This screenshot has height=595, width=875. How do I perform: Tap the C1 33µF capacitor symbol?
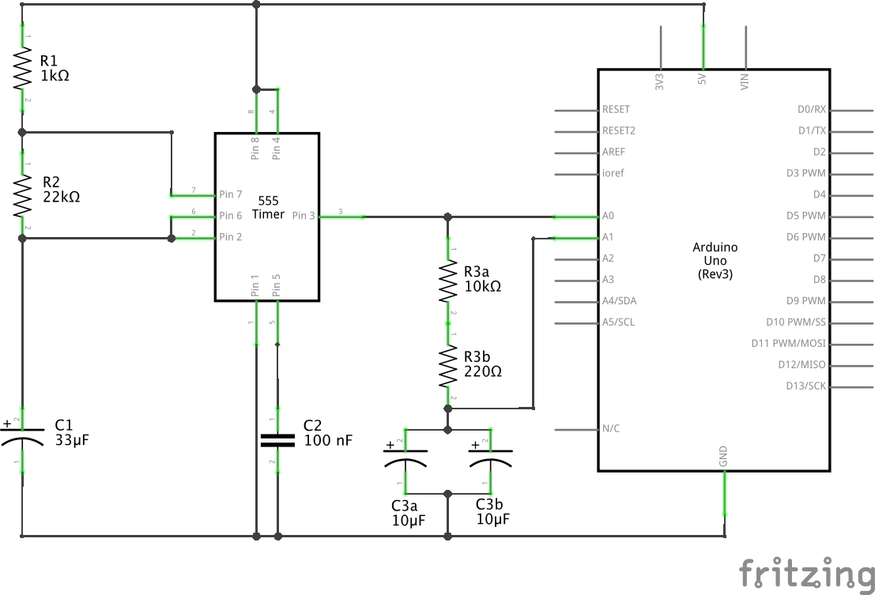coord(22,439)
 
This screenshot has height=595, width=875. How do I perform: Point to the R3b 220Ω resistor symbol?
coord(448,365)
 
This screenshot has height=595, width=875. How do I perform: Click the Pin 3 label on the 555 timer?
coord(304,216)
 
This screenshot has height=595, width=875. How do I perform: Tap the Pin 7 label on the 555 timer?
coord(231,194)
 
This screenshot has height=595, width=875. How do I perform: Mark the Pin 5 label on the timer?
coord(277,286)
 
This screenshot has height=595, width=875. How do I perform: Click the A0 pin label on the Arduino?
coord(608,216)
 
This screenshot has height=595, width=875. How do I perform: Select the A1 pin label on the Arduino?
coord(608,237)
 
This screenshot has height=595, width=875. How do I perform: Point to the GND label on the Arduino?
coord(723,456)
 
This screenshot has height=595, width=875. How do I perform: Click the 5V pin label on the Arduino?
coord(702,81)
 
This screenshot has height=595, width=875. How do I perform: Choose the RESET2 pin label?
coord(619,131)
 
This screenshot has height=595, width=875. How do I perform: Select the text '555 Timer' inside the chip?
coord(267,208)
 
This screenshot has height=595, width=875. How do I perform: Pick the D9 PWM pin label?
coord(807,301)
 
